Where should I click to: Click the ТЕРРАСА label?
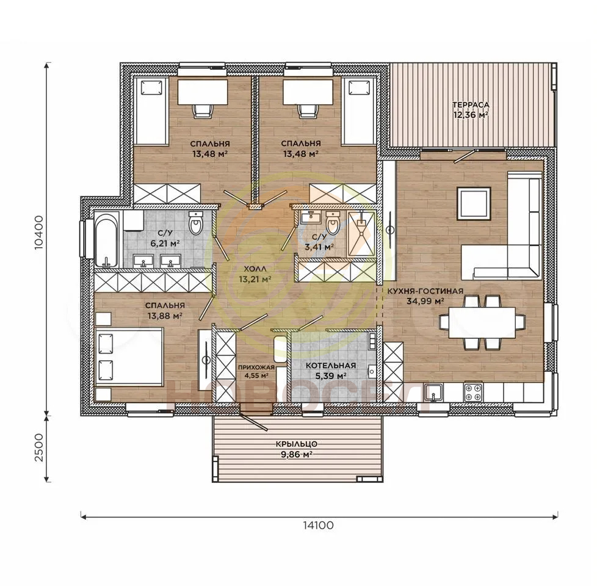471,105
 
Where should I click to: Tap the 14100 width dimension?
318,525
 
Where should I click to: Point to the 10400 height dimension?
39,233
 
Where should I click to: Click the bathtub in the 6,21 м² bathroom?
107,240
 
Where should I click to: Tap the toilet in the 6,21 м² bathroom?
197,223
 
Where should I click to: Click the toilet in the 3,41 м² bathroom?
333,223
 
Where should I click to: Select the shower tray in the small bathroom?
361,233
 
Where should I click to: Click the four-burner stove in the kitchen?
473,392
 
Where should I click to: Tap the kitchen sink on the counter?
433,392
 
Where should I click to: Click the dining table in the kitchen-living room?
482,322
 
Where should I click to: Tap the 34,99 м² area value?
426,301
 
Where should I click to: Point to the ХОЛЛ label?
256,269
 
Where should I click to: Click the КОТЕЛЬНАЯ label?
330,366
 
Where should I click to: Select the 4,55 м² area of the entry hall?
256,375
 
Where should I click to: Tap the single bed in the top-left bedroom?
151,110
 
